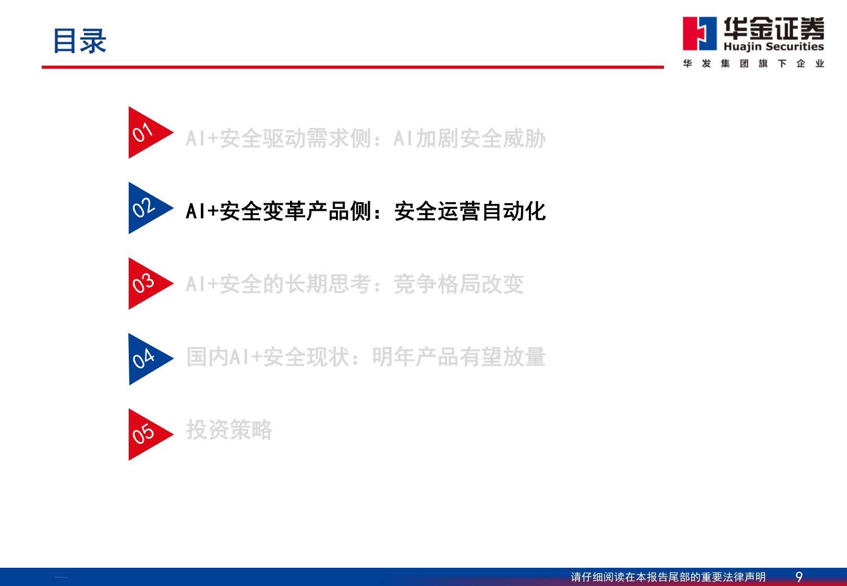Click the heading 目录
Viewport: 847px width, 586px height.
pos(80,41)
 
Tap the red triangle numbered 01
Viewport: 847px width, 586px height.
pos(146,132)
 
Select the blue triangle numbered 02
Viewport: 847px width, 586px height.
pos(146,208)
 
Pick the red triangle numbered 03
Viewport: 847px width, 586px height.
pos(146,283)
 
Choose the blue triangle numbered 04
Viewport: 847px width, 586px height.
pos(146,359)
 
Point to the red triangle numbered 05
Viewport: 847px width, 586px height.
pos(146,434)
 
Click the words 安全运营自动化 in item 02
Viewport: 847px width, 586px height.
pos(470,211)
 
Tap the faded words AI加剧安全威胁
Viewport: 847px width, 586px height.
pos(469,138)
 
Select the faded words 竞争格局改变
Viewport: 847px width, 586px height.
pos(458,284)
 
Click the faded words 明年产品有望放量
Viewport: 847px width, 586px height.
pos(458,356)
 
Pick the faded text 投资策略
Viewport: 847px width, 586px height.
pos(229,429)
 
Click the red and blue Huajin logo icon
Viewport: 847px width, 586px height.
pos(699,34)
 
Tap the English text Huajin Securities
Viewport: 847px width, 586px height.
pos(773,46)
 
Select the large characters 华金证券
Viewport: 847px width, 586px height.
pos(774,28)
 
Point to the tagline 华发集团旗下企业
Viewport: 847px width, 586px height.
pos(754,64)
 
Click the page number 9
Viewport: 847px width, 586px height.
pos(799,577)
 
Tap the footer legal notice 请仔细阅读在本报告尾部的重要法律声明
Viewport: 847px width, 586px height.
pos(668,577)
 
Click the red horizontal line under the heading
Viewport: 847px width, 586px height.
pos(353,67)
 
